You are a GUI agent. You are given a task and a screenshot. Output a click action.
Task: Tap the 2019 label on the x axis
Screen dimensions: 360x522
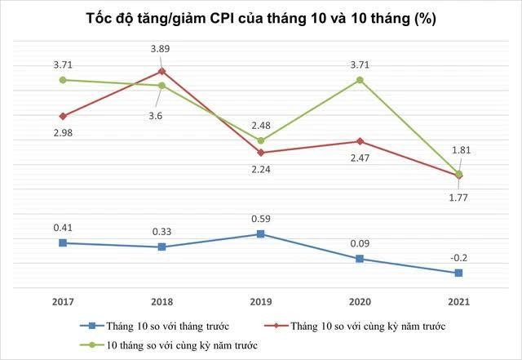[x=261, y=302]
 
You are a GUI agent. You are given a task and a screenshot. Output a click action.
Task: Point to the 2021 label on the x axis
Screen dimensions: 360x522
[x=458, y=302]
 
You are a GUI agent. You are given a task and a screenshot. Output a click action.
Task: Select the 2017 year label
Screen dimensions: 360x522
[x=63, y=302]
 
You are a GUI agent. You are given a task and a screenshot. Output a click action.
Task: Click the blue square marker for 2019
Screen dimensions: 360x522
[x=261, y=234]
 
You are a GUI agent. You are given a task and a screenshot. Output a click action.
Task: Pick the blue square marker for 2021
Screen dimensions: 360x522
[x=458, y=273]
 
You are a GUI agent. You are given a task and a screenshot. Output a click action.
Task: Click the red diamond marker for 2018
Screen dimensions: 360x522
[x=162, y=71]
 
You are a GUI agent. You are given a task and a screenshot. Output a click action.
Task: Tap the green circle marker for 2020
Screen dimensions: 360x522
[x=360, y=80]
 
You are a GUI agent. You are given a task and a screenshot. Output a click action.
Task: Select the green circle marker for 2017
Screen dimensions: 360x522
[x=63, y=80]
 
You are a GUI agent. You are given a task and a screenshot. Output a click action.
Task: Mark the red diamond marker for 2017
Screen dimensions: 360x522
[x=63, y=116]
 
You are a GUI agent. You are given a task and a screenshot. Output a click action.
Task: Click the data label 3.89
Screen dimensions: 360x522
[x=162, y=49]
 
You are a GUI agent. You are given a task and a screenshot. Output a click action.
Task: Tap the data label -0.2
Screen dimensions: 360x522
[x=458, y=258]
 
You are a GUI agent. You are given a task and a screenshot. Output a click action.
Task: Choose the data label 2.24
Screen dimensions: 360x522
[x=261, y=170]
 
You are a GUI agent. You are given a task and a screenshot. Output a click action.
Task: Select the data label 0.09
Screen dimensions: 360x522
[x=360, y=242]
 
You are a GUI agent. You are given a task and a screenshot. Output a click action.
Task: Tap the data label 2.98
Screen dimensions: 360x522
[x=63, y=133]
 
